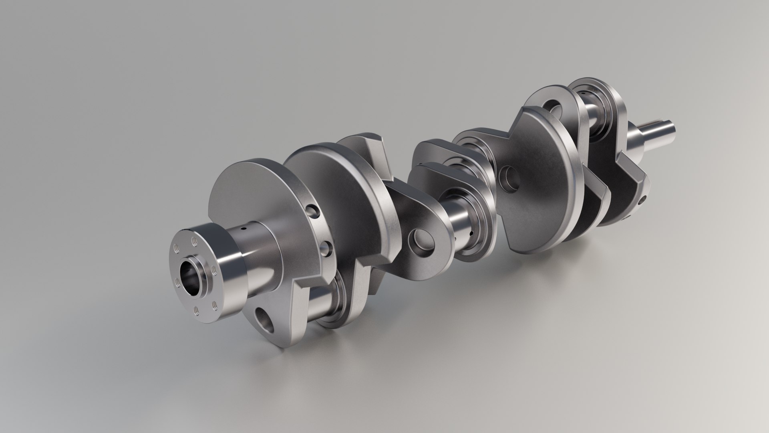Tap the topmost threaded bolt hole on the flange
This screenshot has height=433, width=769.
pos(195,241)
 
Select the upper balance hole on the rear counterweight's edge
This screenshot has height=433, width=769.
pos(311,211)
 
